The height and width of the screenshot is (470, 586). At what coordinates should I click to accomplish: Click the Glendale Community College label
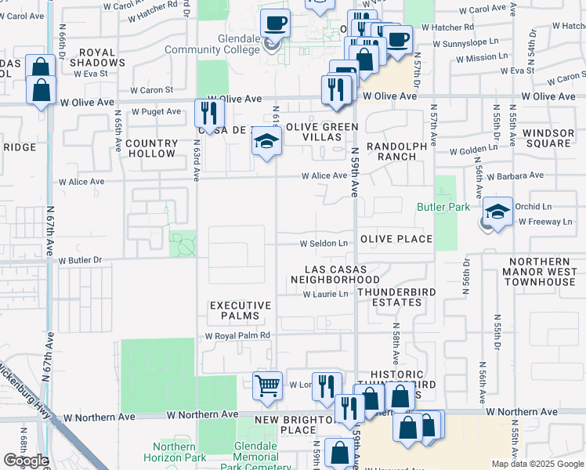pyautogui.click(x=212, y=45)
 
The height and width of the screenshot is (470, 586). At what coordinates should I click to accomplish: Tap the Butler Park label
pyautogui.click(x=443, y=208)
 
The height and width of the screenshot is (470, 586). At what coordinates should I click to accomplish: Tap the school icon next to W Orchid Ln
pyautogui.click(x=497, y=211)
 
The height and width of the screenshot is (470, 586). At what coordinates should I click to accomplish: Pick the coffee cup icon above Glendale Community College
pyautogui.click(x=275, y=23)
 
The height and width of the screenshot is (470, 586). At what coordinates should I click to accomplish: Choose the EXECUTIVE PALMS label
pyautogui.click(x=241, y=310)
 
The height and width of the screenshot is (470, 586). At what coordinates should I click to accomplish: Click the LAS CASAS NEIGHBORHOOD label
pyautogui.click(x=335, y=274)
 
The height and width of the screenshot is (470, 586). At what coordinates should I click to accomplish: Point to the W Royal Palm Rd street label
pyautogui.click(x=237, y=335)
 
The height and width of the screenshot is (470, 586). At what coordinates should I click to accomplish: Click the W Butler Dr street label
pyautogui.click(x=81, y=259)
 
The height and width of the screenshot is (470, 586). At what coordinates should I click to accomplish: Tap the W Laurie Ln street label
pyautogui.click(x=324, y=295)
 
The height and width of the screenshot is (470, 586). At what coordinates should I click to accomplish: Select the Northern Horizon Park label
pyautogui.click(x=170, y=452)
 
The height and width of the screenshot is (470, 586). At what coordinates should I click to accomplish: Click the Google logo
pyautogui.click(x=26, y=461)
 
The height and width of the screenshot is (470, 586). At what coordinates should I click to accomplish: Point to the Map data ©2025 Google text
pyautogui.click(x=537, y=464)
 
